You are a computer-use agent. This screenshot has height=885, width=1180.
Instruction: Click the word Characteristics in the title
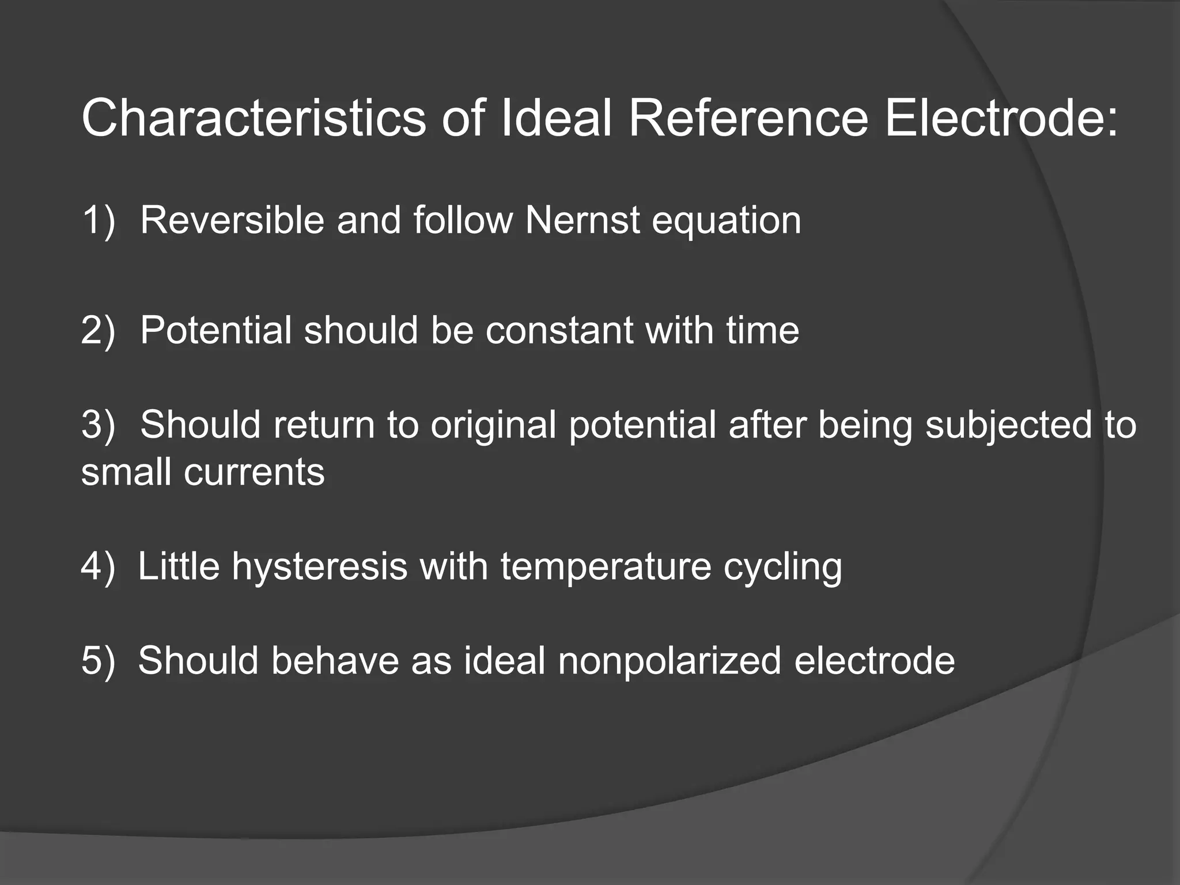(x=254, y=119)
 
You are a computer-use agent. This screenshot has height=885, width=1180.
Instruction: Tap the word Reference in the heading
(x=748, y=119)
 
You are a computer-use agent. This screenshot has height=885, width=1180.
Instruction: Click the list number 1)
(x=99, y=220)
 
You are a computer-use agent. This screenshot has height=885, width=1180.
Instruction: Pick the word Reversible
(x=232, y=220)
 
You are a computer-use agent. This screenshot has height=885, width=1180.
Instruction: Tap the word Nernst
(x=583, y=220)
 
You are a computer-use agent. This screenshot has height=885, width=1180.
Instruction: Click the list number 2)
(x=99, y=330)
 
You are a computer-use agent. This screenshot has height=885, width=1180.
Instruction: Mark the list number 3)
(x=99, y=425)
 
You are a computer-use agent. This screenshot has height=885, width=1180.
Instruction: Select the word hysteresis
(x=319, y=567)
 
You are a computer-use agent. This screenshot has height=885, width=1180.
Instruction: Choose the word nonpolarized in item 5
(x=669, y=661)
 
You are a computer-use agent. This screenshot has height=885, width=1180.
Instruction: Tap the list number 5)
(x=99, y=660)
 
